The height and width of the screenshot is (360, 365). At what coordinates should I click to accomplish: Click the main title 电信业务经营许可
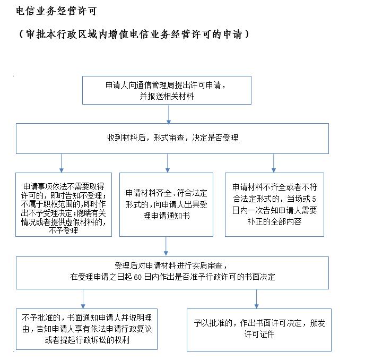(x=57, y=11)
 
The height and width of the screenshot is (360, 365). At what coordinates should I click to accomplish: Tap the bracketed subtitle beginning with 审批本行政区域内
(x=134, y=35)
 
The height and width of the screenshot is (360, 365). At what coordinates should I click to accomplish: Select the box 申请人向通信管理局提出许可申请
(x=167, y=90)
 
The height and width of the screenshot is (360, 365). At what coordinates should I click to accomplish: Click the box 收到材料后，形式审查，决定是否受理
(x=172, y=139)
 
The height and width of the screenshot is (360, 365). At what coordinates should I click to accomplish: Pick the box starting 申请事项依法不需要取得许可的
(x=64, y=204)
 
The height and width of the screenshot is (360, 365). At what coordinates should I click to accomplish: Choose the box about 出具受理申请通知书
(x=166, y=204)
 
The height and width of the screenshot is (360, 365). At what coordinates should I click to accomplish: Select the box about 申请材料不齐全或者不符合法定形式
(x=274, y=204)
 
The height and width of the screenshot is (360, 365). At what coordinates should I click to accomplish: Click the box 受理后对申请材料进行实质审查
(x=172, y=273)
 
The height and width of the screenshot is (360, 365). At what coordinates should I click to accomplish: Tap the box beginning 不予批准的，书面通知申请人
(x=86, y=329)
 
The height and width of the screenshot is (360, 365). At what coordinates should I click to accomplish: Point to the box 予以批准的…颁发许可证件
(x=259, y=330)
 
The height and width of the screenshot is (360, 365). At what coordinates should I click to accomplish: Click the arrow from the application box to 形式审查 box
(x=169, y=114)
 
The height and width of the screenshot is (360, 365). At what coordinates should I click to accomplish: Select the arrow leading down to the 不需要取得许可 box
(x=62, y=163)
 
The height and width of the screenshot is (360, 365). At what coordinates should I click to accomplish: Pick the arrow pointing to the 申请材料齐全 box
(x=167, y=163)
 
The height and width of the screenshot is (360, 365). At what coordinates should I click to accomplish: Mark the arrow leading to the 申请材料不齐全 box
(x=274, y=163)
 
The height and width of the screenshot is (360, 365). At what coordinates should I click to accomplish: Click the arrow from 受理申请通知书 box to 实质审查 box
(x=166, y=246)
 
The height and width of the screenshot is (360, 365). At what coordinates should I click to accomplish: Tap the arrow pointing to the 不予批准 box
(x=83, y=299)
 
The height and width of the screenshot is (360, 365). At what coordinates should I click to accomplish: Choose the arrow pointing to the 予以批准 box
(x=257, y=299)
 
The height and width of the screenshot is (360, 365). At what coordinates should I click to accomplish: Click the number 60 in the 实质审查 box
(x=138, y=277)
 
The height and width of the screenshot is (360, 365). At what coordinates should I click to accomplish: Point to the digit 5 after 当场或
(x=314, y=199)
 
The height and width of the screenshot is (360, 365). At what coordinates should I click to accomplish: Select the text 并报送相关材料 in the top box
(x=167, y=96)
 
